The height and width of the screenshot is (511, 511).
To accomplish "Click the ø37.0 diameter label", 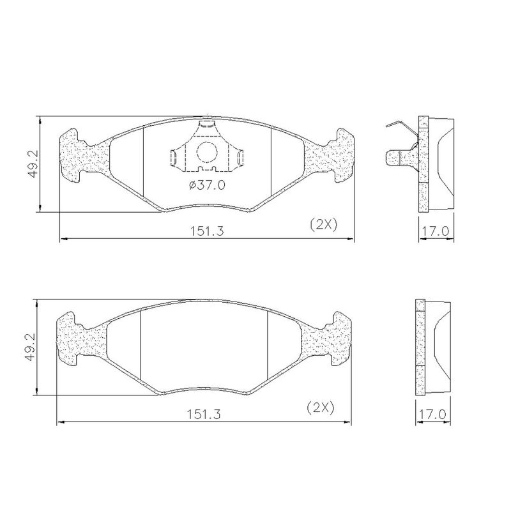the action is (x=207, y=185).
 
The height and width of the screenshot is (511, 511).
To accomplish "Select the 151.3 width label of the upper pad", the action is (x=207, y=231).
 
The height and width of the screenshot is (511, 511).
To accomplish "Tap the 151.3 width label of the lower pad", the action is (x=204, y=414).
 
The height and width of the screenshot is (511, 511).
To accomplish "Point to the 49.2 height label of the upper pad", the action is (x=33, y=164).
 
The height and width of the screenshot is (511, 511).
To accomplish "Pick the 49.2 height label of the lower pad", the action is (x=30, y=347).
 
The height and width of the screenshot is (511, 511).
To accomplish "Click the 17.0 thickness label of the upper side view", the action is (x=436, y=231).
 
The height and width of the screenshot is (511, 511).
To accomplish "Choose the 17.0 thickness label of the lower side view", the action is (x=432, y=414).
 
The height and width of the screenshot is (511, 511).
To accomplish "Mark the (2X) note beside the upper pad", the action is (x=323, y=225).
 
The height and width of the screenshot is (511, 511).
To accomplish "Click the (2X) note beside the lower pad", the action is (x=321, y=408).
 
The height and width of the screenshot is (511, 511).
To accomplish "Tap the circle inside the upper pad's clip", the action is (x=206, y=152).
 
